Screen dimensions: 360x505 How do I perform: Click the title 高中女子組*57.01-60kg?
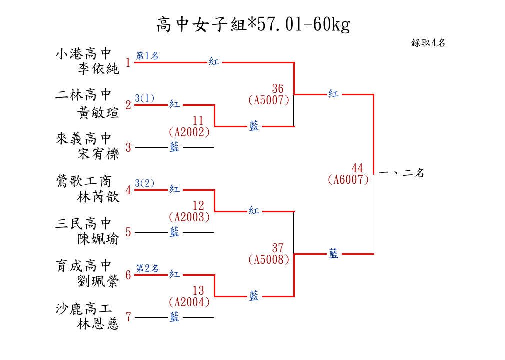[x=253, y=24]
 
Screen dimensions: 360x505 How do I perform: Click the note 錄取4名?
[x=428, y=43]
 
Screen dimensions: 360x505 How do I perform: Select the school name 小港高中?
[x=83, y=53]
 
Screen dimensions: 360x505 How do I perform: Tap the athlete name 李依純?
[x=98, y=69]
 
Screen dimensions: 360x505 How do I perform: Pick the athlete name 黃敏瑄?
[x=98, y=113]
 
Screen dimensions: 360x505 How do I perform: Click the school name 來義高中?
[x=83, y=138]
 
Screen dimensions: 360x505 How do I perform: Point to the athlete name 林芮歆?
[x=98, y=197]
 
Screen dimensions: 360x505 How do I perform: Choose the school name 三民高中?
[x=83, y=223]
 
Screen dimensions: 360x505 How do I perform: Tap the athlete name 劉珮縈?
[x=98, y=282]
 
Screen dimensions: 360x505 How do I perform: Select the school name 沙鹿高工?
[x=83, y=308]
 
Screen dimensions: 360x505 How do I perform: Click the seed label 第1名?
[x=147, y=56]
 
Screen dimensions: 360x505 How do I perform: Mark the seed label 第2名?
[x=147, y=268]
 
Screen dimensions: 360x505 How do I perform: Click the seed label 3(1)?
[x=145, y=98]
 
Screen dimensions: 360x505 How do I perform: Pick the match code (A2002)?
[x=189, y=132]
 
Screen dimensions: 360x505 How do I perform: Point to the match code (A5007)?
[x=269, y=100]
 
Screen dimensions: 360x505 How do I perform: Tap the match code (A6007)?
[x=348, y=180]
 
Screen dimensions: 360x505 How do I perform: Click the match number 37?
[x=278, y=248]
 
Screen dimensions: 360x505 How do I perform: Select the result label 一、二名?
[x=402, y=173]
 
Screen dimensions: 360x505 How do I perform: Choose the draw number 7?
[x=128, y=317]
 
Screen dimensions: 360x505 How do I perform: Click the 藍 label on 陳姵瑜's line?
[x=174, y=232]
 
